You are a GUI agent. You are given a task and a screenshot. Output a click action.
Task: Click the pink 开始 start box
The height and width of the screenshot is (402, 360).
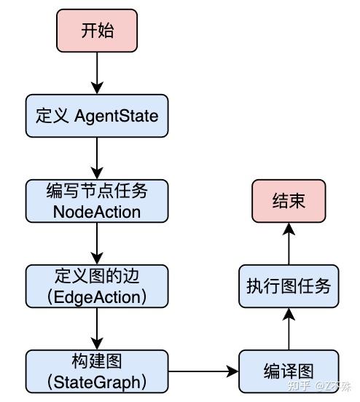coord(97,31)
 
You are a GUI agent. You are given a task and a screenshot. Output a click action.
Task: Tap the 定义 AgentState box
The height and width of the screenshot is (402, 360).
coord(97,115)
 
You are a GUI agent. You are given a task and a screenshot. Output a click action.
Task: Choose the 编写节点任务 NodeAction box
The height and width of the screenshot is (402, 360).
coord(97,200)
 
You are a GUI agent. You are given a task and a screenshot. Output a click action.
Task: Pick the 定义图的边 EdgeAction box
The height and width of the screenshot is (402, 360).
coord(97,285)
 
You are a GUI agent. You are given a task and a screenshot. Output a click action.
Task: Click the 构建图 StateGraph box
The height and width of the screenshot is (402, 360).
coord(97,371)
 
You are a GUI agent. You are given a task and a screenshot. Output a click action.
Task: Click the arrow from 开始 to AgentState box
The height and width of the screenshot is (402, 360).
coord(97,72)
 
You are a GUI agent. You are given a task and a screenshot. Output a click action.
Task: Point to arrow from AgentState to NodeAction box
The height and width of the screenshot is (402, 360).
coord(97,157)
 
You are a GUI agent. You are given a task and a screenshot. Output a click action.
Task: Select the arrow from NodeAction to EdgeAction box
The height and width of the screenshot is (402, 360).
coord(97,243)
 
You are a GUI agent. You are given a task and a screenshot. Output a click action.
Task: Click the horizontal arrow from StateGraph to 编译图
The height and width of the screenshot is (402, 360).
coord(203,371)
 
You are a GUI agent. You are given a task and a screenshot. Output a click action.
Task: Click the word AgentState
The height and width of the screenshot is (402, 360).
coord(117,115)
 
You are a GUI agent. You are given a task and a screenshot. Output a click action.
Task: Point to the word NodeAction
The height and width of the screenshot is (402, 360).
coord(97,211)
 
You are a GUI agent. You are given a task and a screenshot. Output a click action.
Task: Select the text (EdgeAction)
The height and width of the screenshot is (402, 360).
coord(97,296)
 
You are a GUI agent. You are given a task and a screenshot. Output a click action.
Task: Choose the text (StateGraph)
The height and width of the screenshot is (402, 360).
coord(97,382)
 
